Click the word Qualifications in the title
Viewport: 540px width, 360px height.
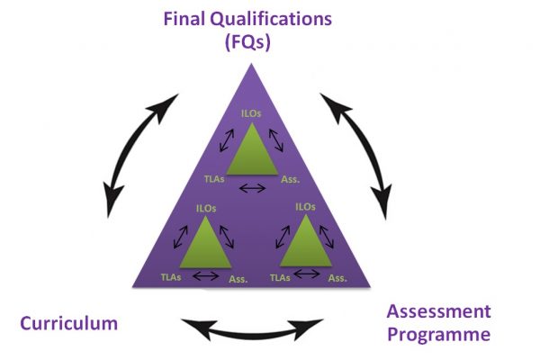coord(271,20)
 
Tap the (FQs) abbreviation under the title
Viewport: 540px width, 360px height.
coord(247,42)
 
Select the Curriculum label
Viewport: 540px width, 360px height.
coord(69,323)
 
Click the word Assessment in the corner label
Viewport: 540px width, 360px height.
coord(439,311)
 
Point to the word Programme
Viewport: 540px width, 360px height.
coord(439,335)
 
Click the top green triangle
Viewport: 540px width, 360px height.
coord(252,148)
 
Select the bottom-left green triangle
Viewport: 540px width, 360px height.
coord(205,242)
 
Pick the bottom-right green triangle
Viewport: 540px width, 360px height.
coord(306,240)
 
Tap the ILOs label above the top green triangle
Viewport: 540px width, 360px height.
coord(251,113)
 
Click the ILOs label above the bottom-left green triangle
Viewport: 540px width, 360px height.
coord(206,209)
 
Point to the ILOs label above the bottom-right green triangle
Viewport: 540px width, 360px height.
coord(305,207)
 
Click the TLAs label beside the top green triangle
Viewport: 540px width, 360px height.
coord(214,179)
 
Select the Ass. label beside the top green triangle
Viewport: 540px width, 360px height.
coord(291,179)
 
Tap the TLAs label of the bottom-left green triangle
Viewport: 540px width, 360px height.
coord(171,277)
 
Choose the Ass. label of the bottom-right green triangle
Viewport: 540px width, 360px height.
coord(337,278)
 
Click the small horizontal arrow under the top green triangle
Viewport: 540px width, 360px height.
coord(252,188)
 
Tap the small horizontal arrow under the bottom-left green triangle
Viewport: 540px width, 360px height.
coord(206,275)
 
